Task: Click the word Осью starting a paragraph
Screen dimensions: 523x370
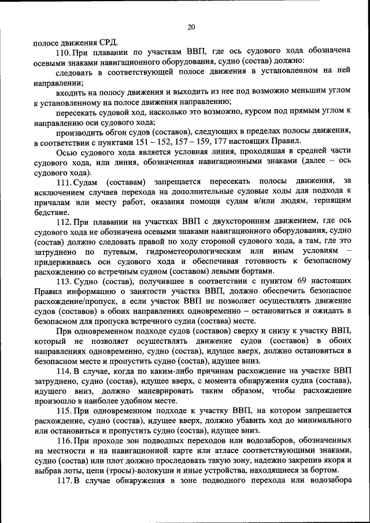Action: click(66, 153)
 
